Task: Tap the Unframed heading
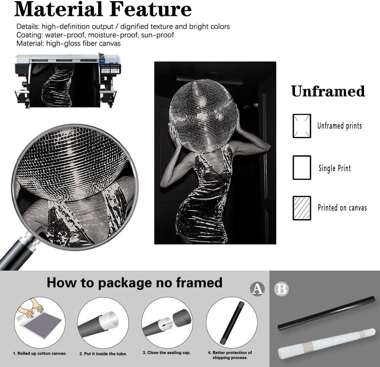(328, 91)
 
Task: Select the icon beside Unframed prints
(302, 126)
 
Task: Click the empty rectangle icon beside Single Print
(302, 167)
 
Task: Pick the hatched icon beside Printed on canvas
(302, 208)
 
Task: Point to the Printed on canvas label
(342, 208)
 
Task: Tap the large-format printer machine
(68, 80)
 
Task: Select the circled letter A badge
(257, 289)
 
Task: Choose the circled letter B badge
(281, 289)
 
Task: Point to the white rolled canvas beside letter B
(327, 344)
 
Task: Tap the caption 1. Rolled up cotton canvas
(40, 353)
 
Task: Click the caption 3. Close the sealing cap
(167, 353)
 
